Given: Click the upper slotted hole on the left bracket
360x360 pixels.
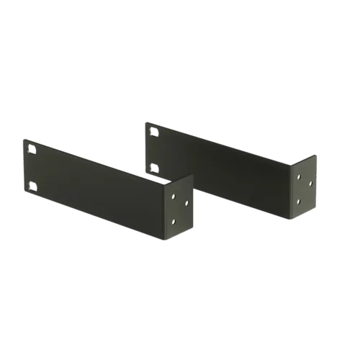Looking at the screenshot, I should [x=30, y=151].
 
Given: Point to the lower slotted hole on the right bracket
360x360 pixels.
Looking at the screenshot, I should [x=154, y=168].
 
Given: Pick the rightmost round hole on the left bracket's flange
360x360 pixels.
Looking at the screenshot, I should [x=186, y=204].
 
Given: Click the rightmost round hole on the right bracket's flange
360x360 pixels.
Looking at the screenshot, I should [x=310, y=183].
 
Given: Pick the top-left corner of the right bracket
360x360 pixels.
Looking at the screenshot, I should [x=145, y=122].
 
